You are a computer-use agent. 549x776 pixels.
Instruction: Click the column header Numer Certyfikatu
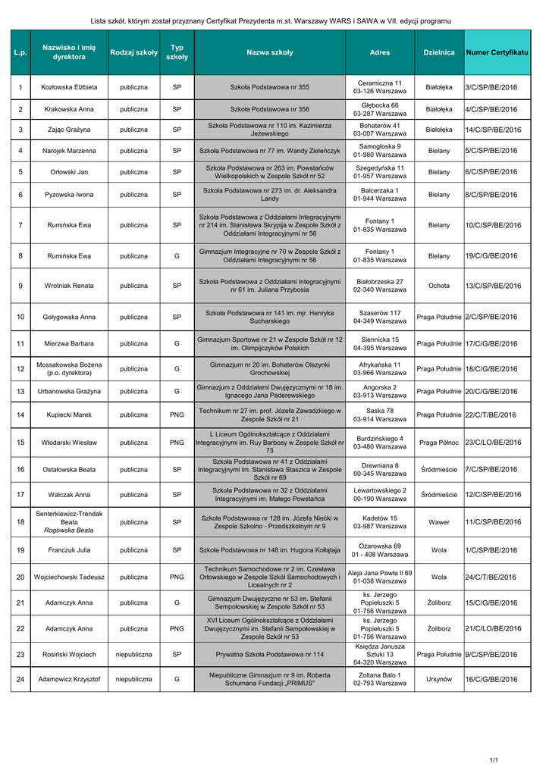point(497,52)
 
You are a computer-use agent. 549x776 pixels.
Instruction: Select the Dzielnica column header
point(439,52)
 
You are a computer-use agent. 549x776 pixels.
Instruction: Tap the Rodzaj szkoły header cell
point(133,52)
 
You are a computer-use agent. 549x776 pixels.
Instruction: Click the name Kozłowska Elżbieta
point(69,88)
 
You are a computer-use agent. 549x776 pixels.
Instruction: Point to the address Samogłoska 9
point(380,146)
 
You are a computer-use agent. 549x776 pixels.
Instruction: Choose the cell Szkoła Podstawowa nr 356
point(270,109)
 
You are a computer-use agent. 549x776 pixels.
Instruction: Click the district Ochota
point(439,286)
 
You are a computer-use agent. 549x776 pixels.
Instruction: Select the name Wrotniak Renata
point(69,286)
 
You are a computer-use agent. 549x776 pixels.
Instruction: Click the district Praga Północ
point(439,443)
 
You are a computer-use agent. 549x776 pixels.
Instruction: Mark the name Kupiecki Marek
point(69,415)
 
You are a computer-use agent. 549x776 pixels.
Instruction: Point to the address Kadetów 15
point(380,518)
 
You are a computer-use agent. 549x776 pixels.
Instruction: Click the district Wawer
point(439,522)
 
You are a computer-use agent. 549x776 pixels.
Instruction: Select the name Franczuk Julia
point(69,549)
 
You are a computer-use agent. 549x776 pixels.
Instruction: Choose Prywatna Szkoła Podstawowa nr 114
point(270,654)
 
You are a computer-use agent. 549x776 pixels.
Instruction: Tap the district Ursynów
point(439,680)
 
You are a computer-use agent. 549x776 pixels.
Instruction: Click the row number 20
point(20,577)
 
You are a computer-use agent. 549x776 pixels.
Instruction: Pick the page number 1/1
point(494,760)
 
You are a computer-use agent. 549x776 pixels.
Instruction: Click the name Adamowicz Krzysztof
point(69,680)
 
